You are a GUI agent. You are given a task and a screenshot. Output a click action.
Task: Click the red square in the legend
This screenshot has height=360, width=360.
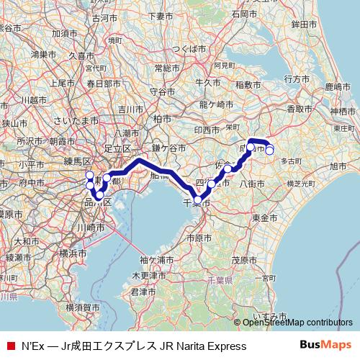point(10,346)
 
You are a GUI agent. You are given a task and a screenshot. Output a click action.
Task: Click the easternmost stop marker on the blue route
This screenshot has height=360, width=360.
point(270,150)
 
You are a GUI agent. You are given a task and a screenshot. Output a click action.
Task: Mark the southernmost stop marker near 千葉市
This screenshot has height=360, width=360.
point(198,201)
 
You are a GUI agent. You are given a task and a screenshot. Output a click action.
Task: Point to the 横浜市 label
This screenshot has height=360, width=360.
point(73,254)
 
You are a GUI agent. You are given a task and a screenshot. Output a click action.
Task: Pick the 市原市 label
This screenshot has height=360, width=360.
point(198,238)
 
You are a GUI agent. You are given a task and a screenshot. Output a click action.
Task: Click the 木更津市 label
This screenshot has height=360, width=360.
point(147,276)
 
